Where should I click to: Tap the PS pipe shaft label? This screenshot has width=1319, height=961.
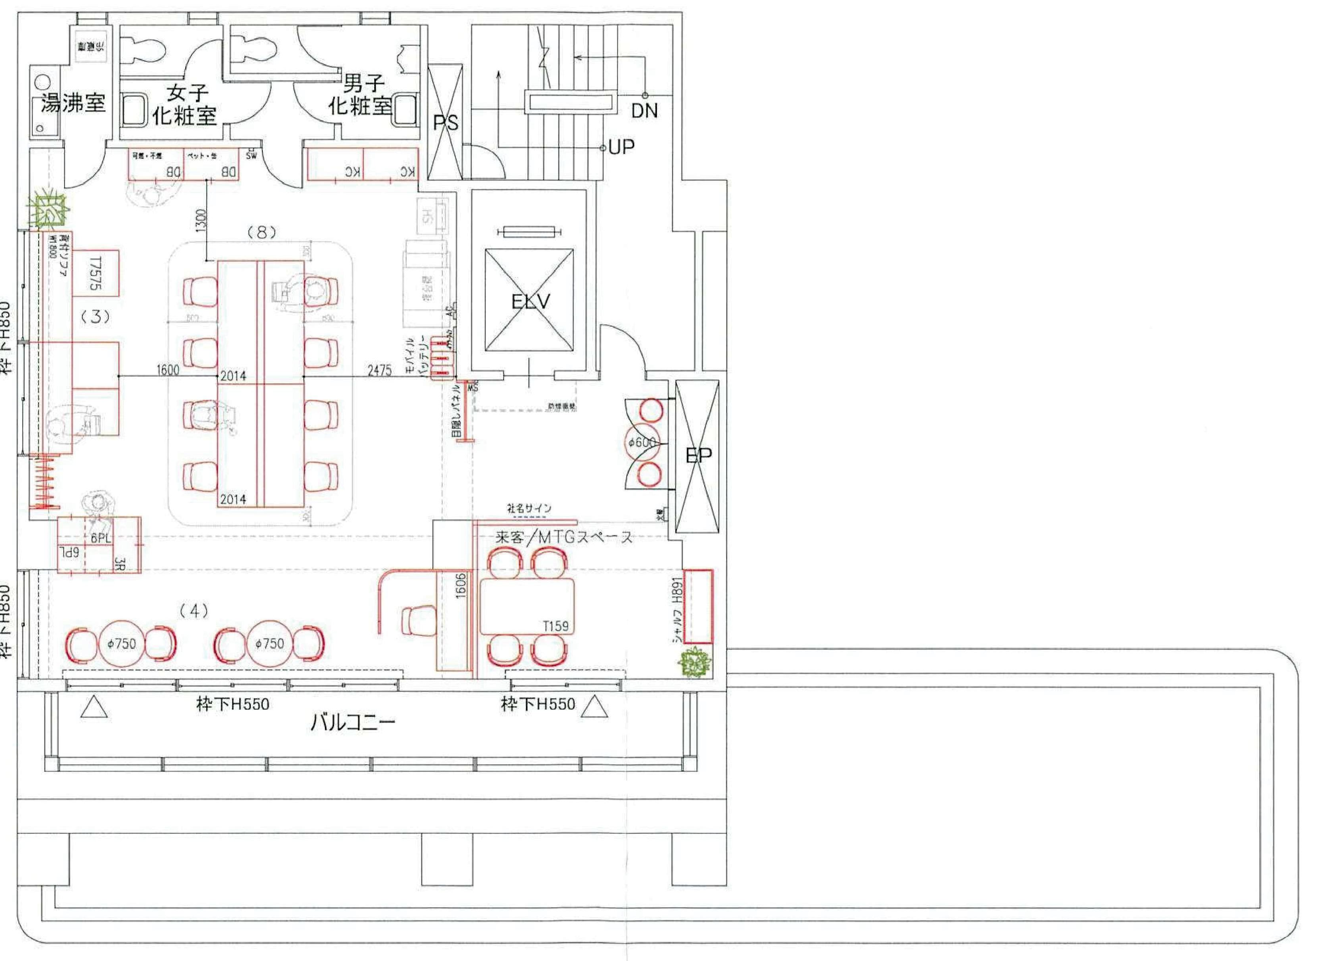click(x=445, y=123)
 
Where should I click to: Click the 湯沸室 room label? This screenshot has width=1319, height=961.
click(x=73, y=104)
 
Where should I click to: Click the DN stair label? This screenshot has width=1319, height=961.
click(x=645, y=111)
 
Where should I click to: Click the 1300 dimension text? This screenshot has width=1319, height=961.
click(x=201, y=221)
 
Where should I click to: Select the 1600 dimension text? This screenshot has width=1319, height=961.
click(x=168, y=370)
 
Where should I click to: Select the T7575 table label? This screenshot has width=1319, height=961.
click(x=96, y=273)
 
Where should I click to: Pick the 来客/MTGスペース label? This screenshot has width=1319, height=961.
click(x=563, y=537)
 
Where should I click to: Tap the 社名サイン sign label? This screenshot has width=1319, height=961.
click(x=529, y=508)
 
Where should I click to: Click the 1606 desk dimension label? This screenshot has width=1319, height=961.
click(x=460, y=586)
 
